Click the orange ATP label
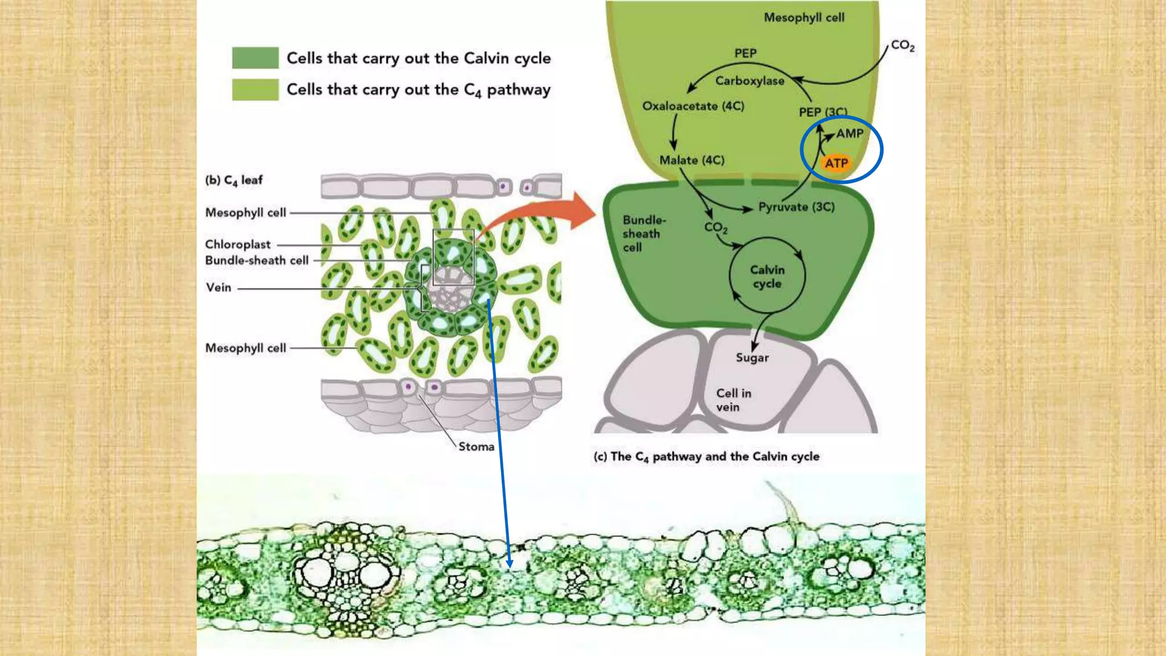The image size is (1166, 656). [x=836, y=163]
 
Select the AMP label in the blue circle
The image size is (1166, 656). [x=849, y=134]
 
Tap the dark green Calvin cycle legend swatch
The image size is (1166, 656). [x=255, y=58]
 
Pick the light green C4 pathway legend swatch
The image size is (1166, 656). [x=255, y=89]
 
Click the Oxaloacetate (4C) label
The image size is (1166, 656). [x=693, y=106]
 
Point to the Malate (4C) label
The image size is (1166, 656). [x=692, y=161]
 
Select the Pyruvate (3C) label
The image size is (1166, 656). [x=796, y=207]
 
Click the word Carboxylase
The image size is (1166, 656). [x=749, y=81]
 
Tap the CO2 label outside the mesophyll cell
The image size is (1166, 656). [x=902, y=46]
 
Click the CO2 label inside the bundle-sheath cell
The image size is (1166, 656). [x=716, y=228]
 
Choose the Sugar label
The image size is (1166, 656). [x=752, y=358]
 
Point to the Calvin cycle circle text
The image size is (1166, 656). [x=767, y=277]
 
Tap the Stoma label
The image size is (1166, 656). [x=476, y=446]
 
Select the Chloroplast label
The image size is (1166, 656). [x=238, y=244]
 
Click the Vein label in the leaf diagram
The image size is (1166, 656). [x=219, y=288]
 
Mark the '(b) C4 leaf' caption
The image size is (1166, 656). [x=234, y=180]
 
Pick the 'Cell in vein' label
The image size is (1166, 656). [x=733, y=400]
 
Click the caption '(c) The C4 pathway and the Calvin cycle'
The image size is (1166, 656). [x=706, y=456]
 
